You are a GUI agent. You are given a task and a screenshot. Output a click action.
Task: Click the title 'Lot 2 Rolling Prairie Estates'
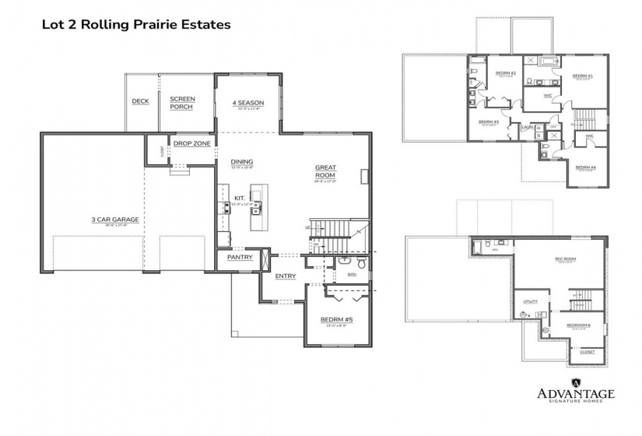pyautogui.click(x=135, y=25)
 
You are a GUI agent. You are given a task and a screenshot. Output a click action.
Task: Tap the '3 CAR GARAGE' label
pyautogui.click(x=114, y=220)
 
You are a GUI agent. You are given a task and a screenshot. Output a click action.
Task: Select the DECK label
pyautogui.click(x=140, y=101)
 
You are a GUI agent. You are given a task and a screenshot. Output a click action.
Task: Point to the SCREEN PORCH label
pyautogui.click(x=182, y=103)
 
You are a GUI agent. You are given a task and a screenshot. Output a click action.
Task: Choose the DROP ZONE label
pyautogui.click(x=192, y=143)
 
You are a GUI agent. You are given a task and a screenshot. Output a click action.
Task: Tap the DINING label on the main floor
pyautogui.click(x=241, y=162)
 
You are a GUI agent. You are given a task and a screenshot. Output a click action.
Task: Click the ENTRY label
pyautogui.click(x=284, y=276)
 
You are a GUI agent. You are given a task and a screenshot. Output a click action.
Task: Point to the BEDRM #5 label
pyautogui.click(x=336, y=319)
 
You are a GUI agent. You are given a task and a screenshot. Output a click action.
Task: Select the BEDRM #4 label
pyautogui.click(x=585, y=167)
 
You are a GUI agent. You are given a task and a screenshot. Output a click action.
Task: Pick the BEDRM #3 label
pyautogui.click(x=487, y=122)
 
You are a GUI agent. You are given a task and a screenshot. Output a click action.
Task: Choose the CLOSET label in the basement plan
pyautogui.click(x=588, y=352)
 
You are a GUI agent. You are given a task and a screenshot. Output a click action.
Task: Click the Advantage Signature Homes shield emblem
pyautogui.click(x=576, y=381)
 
